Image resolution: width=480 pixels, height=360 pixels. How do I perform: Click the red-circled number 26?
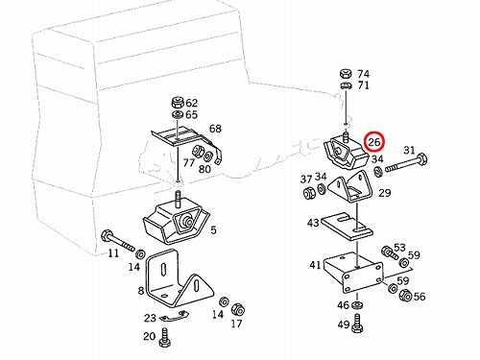(x=375, y=141)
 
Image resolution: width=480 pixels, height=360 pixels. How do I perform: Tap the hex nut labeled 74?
(x=346, y=74)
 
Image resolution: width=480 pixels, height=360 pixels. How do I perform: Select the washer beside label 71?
(x=346, y=85)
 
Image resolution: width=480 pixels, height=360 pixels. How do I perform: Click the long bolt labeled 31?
(x=406, y=163)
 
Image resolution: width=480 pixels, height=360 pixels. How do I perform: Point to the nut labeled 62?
(x=178, y=103)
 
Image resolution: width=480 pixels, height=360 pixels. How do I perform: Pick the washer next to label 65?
(x=177, y=114)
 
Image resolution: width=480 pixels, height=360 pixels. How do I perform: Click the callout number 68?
(x=215, y=129)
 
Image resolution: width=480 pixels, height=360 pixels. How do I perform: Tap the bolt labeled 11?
(x=118, y=241)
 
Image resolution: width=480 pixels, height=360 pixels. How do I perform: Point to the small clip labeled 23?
(x=173, y=316)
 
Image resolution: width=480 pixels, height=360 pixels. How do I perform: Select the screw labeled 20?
(x=165, y=337)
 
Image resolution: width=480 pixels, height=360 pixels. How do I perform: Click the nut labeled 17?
(x=238, y=309)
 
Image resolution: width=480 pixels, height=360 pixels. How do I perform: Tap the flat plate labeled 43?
(x=347, y=227)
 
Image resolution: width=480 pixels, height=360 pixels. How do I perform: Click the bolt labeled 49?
(x=356, y=324)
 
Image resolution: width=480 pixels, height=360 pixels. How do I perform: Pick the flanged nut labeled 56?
(x=405, y=296)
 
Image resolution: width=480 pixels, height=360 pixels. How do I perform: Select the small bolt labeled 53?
(x=390, y=252)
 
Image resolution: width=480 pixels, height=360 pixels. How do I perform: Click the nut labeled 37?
(x=308, y=192)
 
